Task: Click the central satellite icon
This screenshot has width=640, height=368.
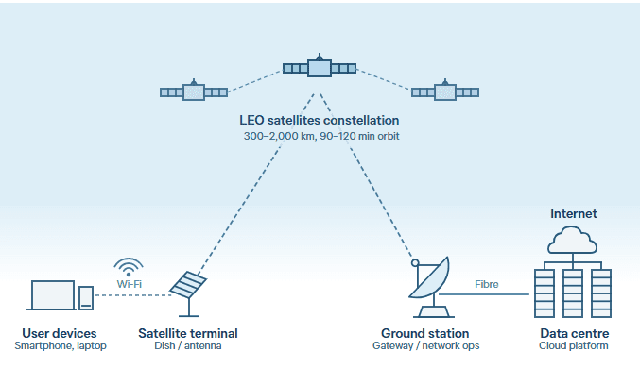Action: click(x=320, y=67)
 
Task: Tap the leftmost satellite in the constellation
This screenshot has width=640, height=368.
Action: click(x=194, y=92)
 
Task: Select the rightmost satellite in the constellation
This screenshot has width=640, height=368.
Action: click(x=445, y=92)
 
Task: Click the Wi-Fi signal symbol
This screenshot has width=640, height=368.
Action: click(x=129, y=267)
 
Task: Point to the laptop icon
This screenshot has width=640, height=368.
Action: click(x=51, y=295)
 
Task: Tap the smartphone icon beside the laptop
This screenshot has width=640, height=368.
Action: click(x=86, y=298)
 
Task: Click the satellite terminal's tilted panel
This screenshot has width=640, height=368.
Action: click(x=188, y=284)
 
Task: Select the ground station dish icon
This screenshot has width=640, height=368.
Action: click(x=431, y=287)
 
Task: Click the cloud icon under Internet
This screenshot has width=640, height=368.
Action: click(x=572, y=240)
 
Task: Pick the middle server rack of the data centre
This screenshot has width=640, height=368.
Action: click(x=573, y=293)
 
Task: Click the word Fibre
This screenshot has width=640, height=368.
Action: click(x=487, y=284)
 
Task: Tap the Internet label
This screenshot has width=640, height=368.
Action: click(x=574, y=213)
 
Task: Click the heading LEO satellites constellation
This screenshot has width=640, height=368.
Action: click(x=320, y=120)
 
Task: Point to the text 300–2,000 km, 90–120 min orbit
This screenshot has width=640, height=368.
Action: click(x=321, y=136)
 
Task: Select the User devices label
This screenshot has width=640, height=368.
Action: click(x=60, y=333)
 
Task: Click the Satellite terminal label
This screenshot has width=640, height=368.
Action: click(x=188, y=333)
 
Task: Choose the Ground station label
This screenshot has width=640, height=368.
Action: click(x=424, y=333)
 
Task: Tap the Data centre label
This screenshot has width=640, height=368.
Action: click(x=574, y=333)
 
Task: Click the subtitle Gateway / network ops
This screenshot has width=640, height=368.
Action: click(x=425, y=346)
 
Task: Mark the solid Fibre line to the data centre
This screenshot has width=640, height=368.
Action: click(x=484, y=293)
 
